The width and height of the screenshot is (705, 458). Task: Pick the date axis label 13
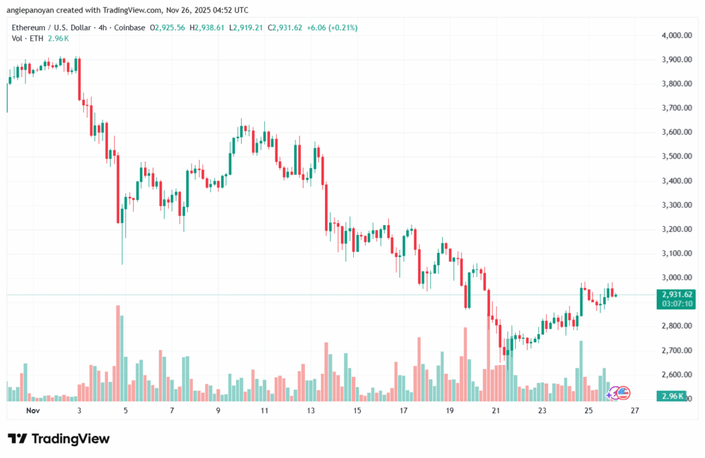(x=311, y=410)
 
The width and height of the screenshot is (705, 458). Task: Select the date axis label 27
(x=635, y=410)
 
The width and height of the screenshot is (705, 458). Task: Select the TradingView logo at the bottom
(x=59, y=439)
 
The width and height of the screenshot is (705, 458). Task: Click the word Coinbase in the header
(x=134, y=28)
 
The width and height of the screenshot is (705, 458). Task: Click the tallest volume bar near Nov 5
(x=118, y=353)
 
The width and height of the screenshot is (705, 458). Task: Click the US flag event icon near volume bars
(x=623, y=393)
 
